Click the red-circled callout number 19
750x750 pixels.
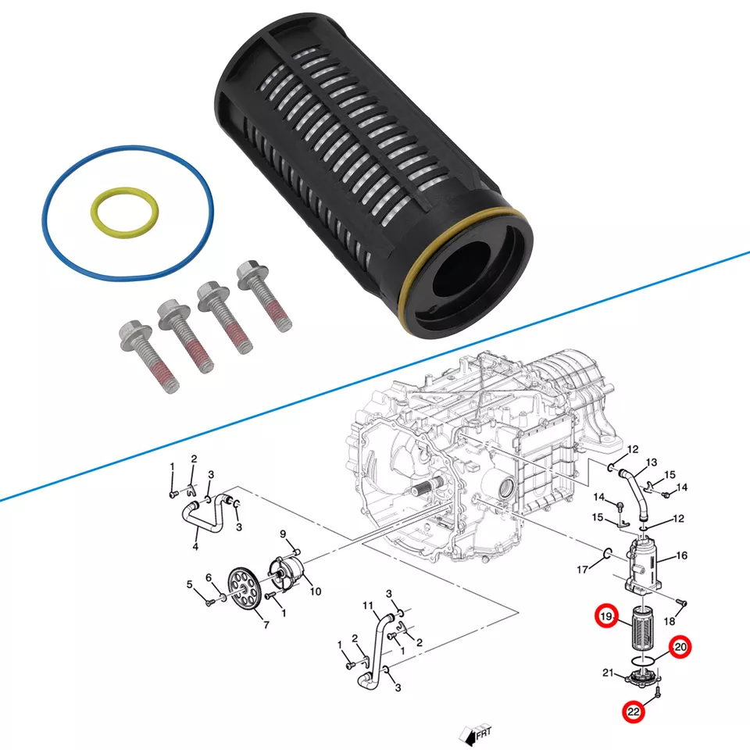(x=606, y=616)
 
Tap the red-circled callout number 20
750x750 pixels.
(x=680, y=647)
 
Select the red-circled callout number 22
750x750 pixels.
(x=633, y=712)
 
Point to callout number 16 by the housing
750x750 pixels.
(x=681, y=555)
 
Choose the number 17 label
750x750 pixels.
(x=582, y=570)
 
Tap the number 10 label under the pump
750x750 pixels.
(x=315, y=591)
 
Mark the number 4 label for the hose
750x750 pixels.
(x=195, y=547)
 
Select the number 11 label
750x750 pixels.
(x=369, y=606)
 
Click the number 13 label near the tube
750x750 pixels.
(x=652, y=462)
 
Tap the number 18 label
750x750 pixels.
(x=669, y=621)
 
